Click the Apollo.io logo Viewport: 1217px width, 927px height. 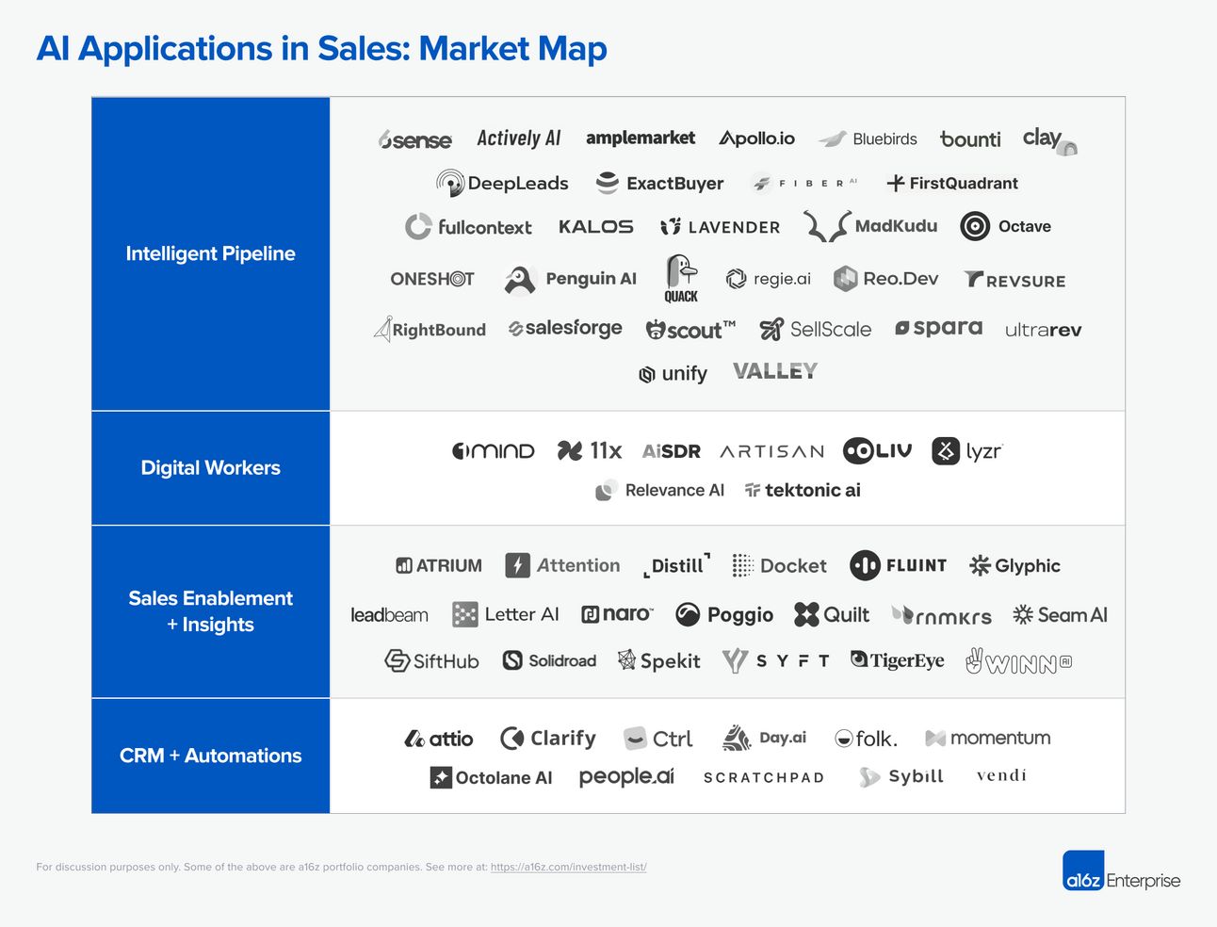[756, 138]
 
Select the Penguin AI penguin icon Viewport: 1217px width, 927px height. [520, 279]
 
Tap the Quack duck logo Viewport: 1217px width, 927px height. [681, 278]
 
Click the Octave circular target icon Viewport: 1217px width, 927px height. [975, 226]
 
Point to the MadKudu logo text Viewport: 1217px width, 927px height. [896, 226]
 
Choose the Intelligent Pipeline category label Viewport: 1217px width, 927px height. [211, 253]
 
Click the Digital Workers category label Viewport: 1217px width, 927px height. [211, 467]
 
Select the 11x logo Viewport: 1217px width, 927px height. [590, 450]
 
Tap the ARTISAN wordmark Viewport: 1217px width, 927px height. [771, 452]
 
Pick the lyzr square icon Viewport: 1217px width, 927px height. [946, 450]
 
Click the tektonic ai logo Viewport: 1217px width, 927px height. [803, 490]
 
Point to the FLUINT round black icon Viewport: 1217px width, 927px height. [865, 565]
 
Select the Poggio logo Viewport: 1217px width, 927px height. [724, 615]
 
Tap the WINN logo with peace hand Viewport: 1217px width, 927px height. [1018, 661]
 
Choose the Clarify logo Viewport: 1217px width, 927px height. [548, 739]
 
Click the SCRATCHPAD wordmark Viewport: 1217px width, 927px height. [764, 777]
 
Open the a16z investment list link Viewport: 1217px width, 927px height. [568, 867]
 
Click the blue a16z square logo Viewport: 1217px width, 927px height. [1083, 870]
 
